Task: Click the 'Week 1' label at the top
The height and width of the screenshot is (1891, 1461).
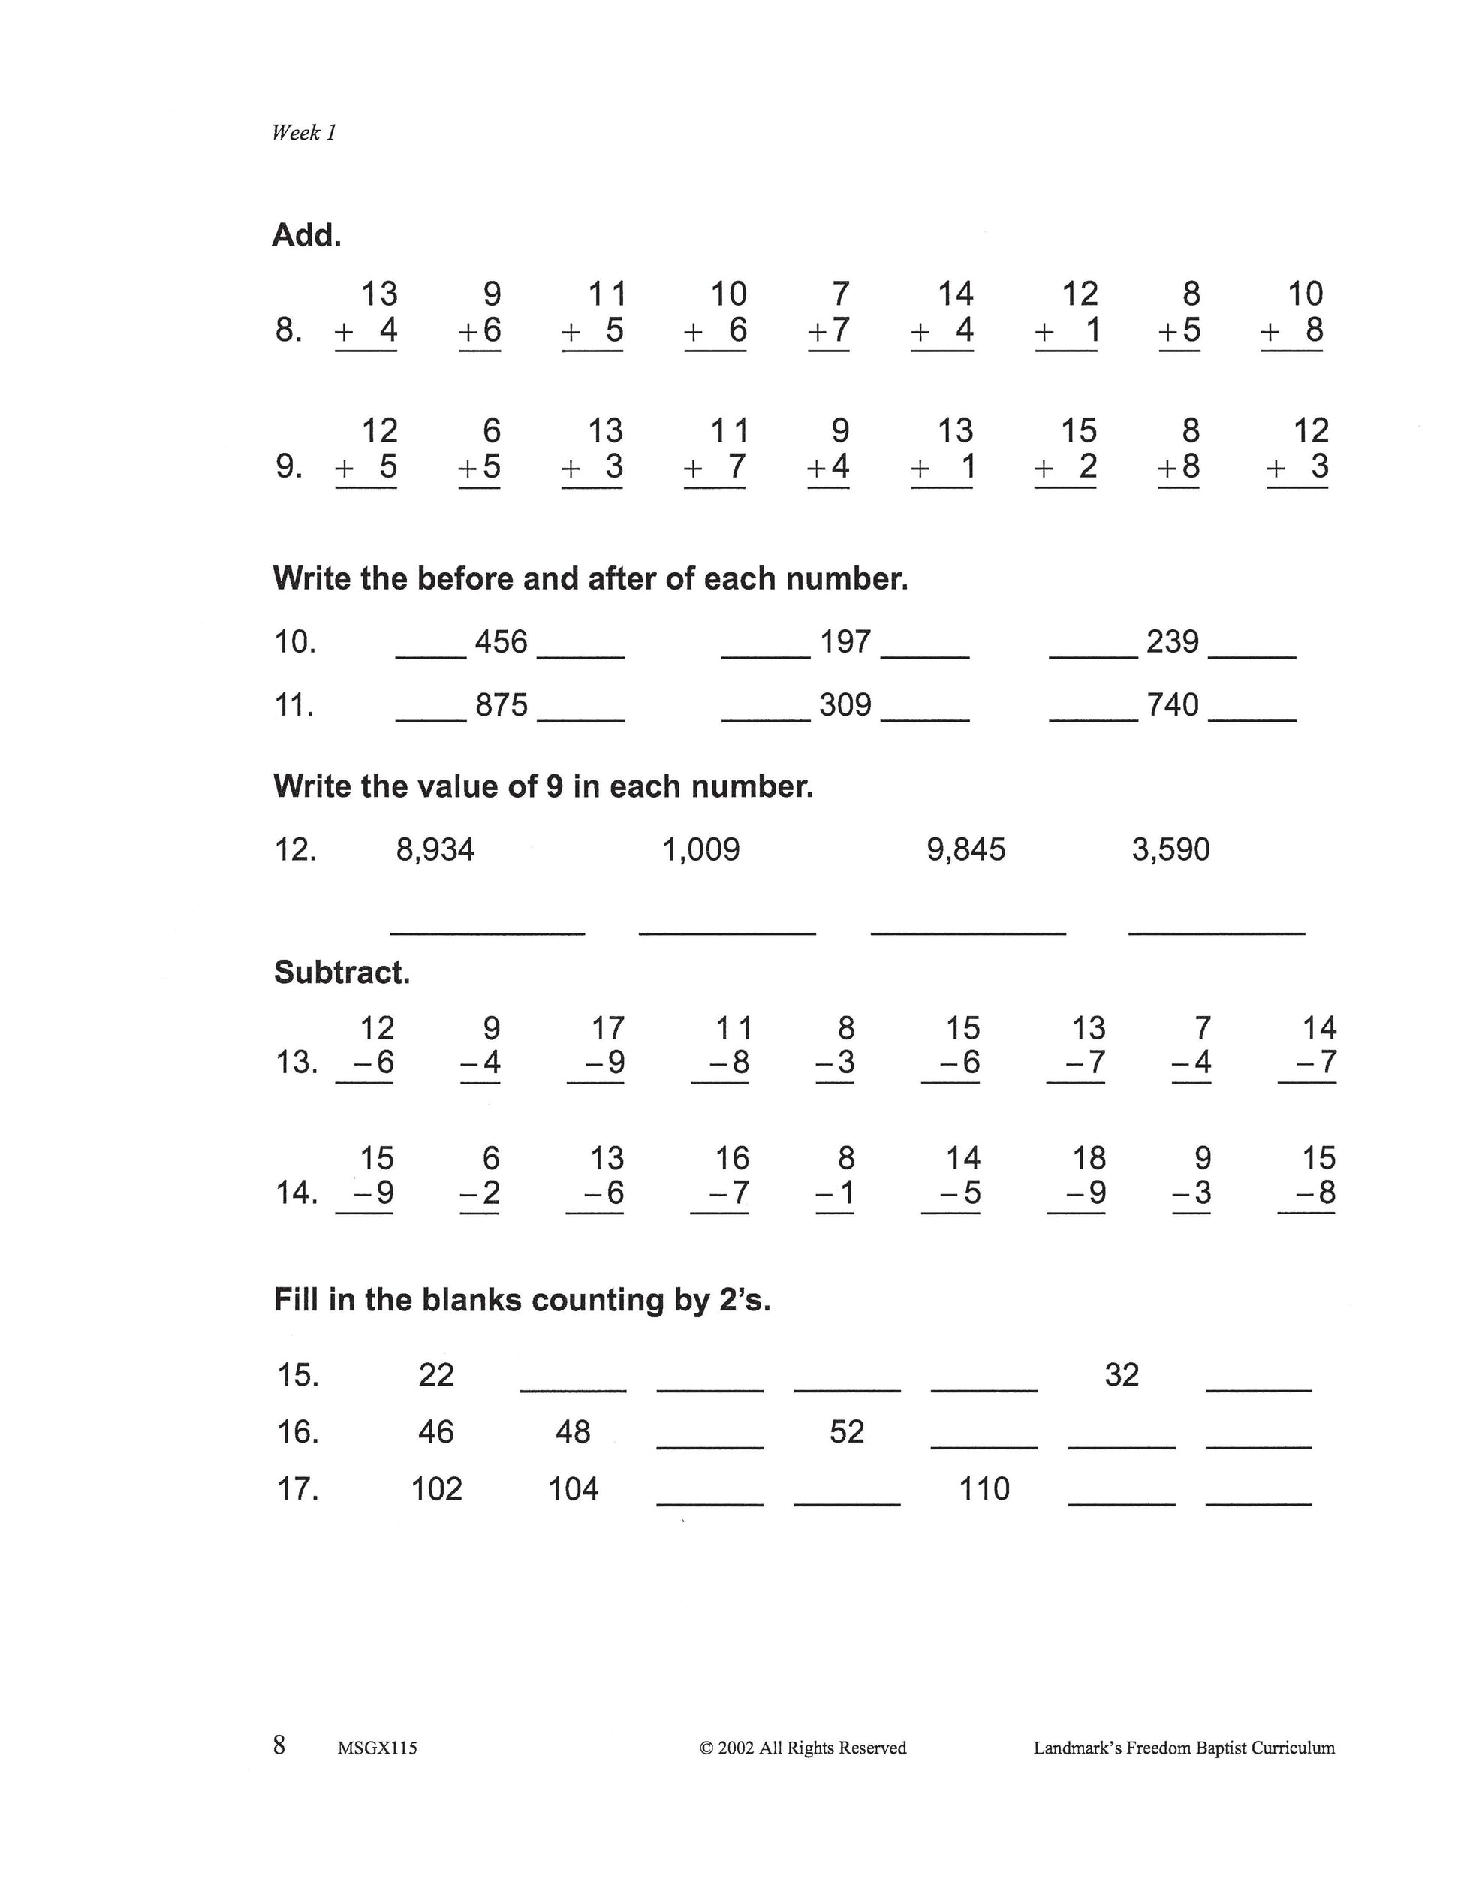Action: coord(303,132)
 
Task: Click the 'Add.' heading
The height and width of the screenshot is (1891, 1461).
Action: coord(306,234)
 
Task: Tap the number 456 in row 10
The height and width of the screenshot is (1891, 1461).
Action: coord(501,641)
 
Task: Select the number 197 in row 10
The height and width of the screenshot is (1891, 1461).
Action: coord(845,641)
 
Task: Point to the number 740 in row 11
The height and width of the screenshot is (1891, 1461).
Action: coord(1173,704)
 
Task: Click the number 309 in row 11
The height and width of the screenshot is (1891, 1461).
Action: coord(845,704)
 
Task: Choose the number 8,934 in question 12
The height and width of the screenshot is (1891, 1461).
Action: coord(435,849)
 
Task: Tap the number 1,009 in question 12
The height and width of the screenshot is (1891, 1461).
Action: coord(701,849)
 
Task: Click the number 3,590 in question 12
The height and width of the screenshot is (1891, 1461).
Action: coord(1170,849)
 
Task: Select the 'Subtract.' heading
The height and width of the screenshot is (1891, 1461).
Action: coord(342,973)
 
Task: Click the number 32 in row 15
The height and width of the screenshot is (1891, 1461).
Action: coord(1122,1375)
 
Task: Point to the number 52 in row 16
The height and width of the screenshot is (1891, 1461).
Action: coord(846,1432)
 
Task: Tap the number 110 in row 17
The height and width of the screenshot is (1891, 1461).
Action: coord(984,1489)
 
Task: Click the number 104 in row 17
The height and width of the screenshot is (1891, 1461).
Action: coord(573,1489)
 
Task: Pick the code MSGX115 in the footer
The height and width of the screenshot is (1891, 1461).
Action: coord(378,1748)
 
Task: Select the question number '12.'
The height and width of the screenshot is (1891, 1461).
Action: coord(295,849)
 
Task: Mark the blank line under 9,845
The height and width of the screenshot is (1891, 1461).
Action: coord(968,933)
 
